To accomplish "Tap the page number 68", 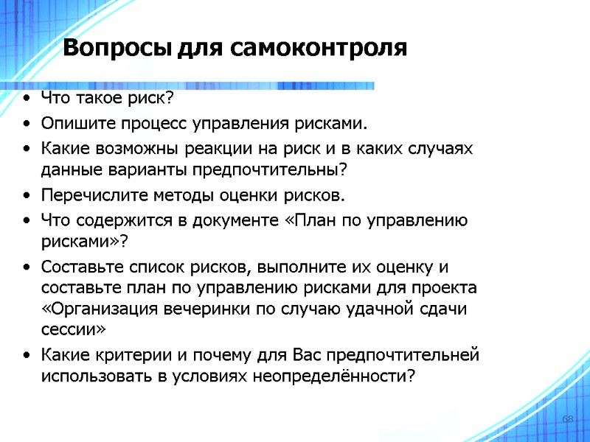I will [568, 419].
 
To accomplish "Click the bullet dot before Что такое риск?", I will [27, 99].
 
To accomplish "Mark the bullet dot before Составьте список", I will [27, 267].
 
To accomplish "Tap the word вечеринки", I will [195, 309].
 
